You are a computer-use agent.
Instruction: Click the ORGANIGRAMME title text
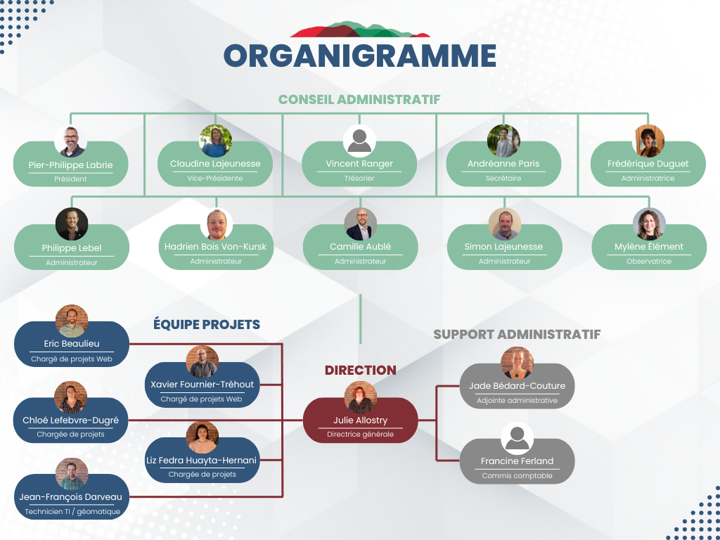click(x=359, y=56)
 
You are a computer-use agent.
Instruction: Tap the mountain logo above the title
click(x=360, y=30)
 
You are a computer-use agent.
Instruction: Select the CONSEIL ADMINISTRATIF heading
click(x=359, y=99)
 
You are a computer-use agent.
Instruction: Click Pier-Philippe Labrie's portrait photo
click(x=71, y=141)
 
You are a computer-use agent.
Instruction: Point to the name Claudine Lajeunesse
click(x=215, y=163)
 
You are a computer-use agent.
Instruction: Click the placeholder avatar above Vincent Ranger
click(x=359, y=141)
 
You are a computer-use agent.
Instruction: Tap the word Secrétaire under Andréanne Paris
click(x=503, y=178)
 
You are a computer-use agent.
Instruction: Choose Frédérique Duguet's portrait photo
click(x=648, y=141)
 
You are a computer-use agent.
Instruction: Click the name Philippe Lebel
click(x=72, y=248)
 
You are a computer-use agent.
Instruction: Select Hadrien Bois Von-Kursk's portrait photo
click(x=217, y=224)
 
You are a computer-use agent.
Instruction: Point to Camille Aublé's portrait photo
click(x=361, y=224)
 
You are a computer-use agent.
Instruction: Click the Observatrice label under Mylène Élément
click(x=649, y=262)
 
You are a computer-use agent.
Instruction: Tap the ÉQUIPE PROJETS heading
click(x=207, y=325)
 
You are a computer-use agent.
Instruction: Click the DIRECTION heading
click(x=361, y=370)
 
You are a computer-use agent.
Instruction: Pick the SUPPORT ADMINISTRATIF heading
click(x=517, y=334)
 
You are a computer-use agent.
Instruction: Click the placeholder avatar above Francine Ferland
click(x=517, y=439)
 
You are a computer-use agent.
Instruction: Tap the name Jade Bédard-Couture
click(x=517, y=386)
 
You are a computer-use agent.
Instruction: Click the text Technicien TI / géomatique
click(x=72, y=512)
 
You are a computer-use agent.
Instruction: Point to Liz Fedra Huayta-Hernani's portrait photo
click(x=202, y=437)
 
